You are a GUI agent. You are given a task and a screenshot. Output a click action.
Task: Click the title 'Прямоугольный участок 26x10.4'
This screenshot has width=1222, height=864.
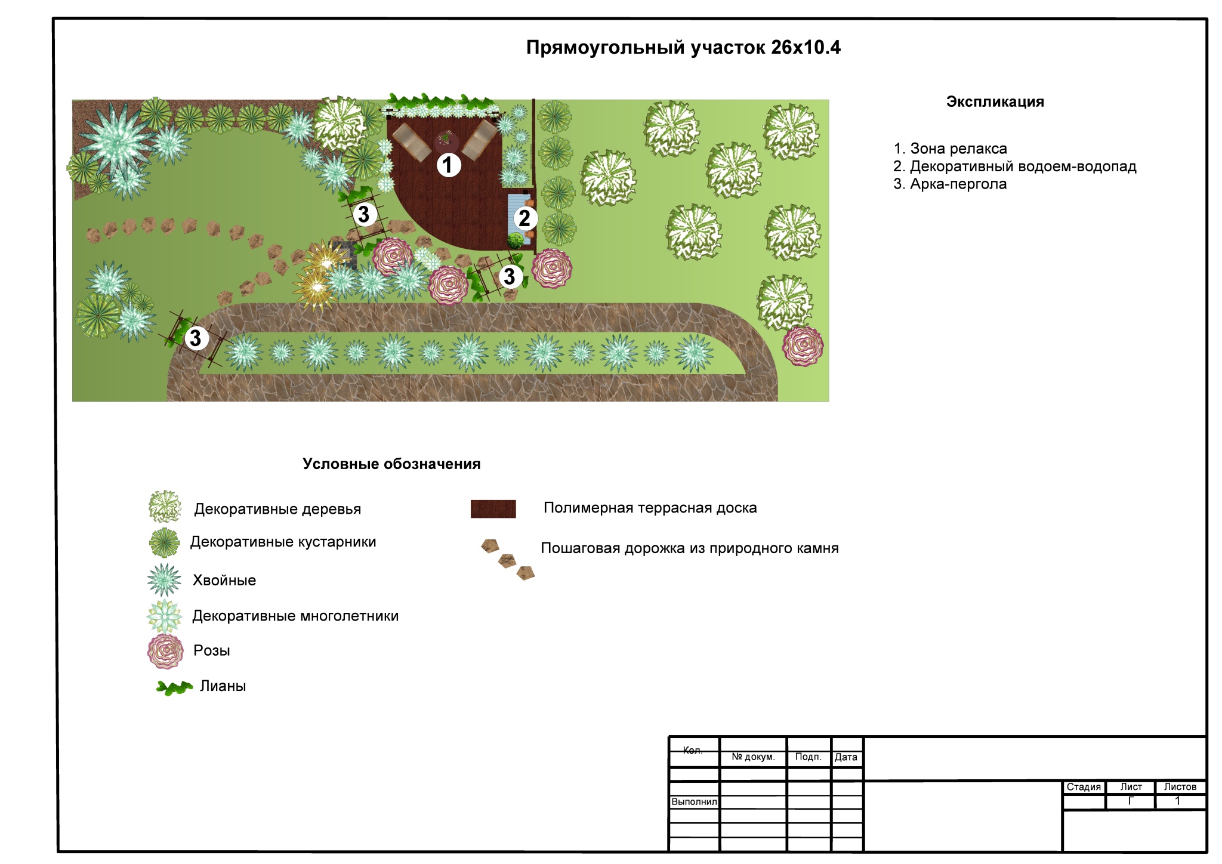tap(683, 48)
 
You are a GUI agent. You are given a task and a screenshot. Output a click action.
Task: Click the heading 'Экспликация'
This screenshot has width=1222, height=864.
tap(995, 102)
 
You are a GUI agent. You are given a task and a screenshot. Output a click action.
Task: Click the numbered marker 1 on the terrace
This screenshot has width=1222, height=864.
tap(449, 165)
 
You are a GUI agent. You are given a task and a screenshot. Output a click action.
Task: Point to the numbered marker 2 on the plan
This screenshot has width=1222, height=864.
tap(525, 218)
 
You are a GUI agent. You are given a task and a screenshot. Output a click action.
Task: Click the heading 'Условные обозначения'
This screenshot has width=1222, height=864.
tap(391, 464)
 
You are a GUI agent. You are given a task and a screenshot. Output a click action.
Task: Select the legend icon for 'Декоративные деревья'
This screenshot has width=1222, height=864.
tap(165, 507)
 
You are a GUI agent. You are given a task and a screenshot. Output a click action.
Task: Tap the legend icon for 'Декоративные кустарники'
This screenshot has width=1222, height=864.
tap(164, 542)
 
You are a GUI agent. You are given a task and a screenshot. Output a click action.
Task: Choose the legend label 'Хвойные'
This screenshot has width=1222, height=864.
tap(224, 581)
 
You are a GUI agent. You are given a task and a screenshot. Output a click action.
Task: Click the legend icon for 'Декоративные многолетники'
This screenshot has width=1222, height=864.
tap(165, 616)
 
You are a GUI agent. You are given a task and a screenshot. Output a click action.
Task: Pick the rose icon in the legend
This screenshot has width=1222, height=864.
tap(165, 651)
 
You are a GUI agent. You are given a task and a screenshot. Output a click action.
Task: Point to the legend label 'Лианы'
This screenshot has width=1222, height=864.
tap(223, 686)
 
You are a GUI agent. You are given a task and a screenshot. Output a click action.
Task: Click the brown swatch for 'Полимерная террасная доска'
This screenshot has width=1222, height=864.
tap(493, 509)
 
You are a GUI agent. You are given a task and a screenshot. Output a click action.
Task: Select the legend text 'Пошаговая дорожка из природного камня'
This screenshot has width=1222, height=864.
tap(689, 548)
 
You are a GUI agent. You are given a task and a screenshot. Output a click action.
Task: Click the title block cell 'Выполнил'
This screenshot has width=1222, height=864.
tap(694, 802)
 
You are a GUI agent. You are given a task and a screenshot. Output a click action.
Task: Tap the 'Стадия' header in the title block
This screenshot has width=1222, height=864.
tap(1084, 787)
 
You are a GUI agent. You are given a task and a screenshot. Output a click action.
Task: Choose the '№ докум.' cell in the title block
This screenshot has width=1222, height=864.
tap(753, 757)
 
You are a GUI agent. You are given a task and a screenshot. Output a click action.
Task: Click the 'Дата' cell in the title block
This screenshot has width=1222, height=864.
tap(845, 757)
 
